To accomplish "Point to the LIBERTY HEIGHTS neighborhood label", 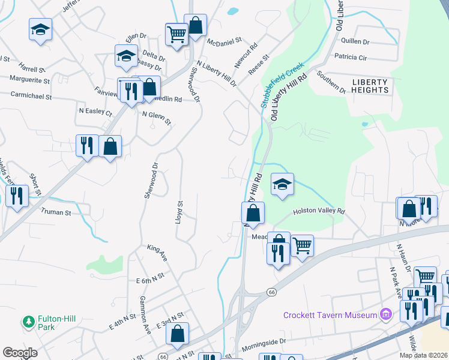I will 370,86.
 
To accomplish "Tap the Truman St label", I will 56,212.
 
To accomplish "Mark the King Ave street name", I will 157,253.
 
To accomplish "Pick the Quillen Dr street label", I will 354,41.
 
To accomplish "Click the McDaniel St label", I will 224,42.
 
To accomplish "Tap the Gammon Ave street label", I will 145,307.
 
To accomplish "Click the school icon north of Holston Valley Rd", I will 282,184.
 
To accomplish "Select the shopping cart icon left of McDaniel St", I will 176,34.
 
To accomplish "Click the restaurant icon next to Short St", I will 17,196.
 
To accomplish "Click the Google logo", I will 20,353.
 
